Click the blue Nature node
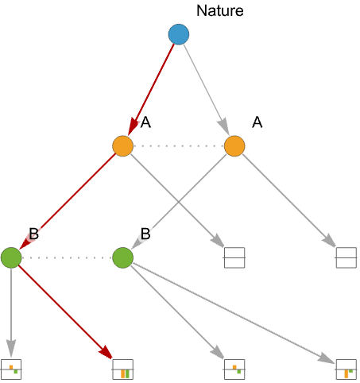click(x=179, y=34)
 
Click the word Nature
click(x=220, y=11)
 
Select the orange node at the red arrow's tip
click(x=122, y=146)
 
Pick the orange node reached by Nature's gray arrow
click(x=234, y=146)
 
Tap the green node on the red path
click(x=11, y=257)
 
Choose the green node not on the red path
click(x=122, y=257)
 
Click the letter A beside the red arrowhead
click(x=145, y=122)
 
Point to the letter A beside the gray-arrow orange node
click(x=257, y=122)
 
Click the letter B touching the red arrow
click(x=34, y=234)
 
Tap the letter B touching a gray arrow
click(x=145, y=234)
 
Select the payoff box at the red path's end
click(x=123, y=369)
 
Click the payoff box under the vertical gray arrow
click(x=11, y=369)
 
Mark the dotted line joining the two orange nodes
click(x=179, y=146)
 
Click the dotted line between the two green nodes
click(x=67, y=257)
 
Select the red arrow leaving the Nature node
click(x=151, y=89)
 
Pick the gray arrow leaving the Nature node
click(x=207, y=90)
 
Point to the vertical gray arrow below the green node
click(x=11, y=312)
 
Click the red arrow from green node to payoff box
click(x=66, y=312)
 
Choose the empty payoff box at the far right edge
click(x=346, y=257)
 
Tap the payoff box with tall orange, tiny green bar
click(x=346, y=369)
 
